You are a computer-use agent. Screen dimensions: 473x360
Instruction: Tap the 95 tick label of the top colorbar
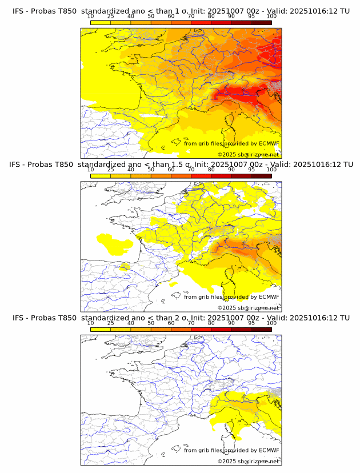point(251,16)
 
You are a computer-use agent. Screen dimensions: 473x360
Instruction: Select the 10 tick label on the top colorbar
point(90,16)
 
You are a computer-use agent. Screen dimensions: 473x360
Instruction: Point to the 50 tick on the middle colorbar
point(151,170)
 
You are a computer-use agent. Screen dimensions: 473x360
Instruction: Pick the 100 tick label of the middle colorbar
point(271,170)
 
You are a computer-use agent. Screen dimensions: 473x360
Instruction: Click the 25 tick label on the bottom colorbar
point(110,323)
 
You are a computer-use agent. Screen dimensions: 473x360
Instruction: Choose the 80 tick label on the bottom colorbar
point(211,323)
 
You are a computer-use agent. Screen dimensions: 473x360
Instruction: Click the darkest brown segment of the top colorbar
point(261,22)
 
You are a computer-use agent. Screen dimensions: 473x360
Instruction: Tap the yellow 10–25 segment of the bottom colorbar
point(101,329)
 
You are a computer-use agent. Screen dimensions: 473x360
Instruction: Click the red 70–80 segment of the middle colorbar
point(201,176)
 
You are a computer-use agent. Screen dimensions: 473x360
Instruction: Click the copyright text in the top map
point(248,154)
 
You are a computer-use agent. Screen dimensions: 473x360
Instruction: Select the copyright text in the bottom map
point(248,461)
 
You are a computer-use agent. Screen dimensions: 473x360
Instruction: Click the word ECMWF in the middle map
point(269,297)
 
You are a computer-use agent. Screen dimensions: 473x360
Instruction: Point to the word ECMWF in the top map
point(269,143)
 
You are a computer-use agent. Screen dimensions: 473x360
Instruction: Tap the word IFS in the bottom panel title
point(19,318)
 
